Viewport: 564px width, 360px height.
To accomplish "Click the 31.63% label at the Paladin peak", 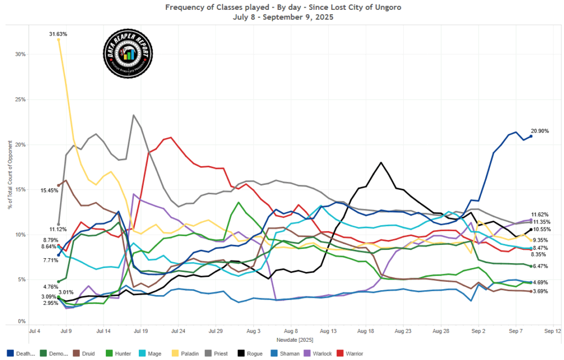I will (x=58, y=34).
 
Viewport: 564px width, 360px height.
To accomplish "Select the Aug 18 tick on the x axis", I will (x=366, y=332).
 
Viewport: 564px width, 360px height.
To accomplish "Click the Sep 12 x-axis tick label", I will (x=552, y=332).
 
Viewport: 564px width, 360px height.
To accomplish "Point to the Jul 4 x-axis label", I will (x=34, y=332).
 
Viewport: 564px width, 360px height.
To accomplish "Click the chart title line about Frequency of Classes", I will (x=281, y=8).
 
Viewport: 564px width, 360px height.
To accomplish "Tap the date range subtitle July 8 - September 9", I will (x=281, y=17).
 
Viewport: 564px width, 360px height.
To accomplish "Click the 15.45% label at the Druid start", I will (x=49, y=190).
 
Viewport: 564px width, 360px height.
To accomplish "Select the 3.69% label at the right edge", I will (x=543, y=291).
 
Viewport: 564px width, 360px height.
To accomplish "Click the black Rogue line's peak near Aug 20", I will (x=381, y=162).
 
